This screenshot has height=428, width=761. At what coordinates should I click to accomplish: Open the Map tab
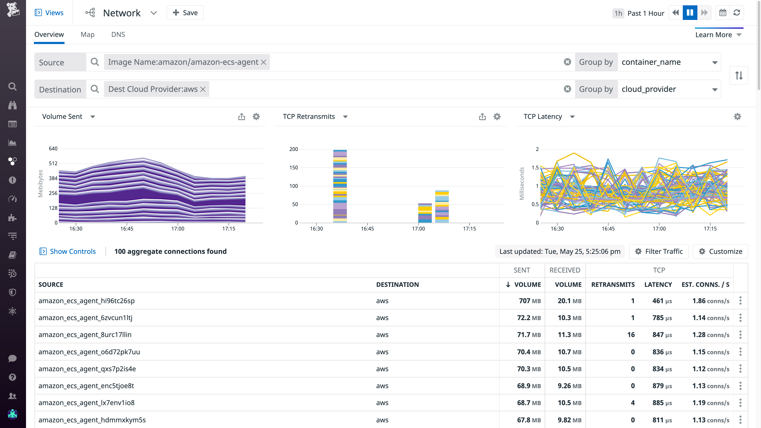87,35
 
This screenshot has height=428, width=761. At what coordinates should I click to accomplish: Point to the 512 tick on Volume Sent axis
53,163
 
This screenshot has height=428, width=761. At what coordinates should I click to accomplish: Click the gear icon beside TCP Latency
737,117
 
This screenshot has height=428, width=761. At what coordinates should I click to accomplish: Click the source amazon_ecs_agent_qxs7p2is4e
87,369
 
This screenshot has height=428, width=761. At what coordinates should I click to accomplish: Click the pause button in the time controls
690,13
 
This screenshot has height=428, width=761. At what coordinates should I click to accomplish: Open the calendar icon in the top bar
723,13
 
